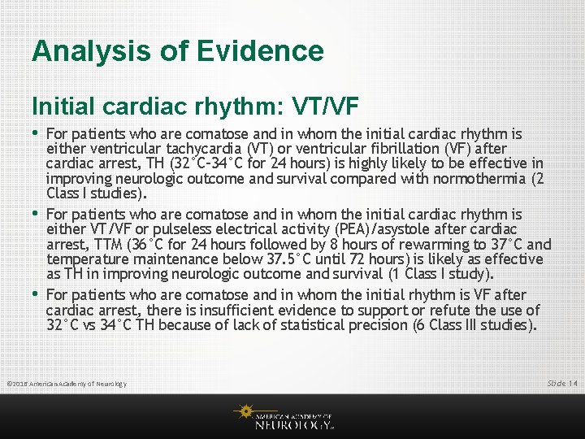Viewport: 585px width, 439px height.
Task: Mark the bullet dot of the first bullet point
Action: click(36, 132)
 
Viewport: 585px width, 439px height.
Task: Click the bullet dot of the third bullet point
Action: click(36, 293)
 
